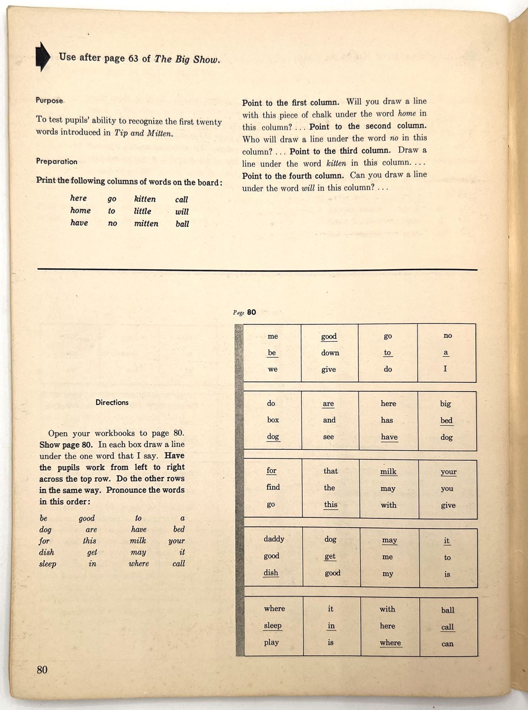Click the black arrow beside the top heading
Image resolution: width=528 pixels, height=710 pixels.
[x=43, y=57]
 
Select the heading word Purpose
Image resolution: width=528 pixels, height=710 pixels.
[x=49, y=100]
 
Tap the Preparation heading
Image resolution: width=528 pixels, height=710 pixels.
[x=56, y=162]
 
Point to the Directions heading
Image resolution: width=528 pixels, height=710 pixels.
[x=112, y=402]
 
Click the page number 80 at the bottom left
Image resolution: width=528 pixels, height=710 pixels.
[x=42, y=670]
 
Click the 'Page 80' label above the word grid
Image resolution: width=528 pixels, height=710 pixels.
[x=244, y=312]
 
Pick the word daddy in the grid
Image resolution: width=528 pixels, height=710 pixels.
[x=274, y=539]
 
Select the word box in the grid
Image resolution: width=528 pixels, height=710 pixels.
[x=273, y=420]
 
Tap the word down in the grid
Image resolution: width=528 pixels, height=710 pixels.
[x=330, y=353]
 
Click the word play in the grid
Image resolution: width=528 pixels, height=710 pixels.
[x=271, y=642]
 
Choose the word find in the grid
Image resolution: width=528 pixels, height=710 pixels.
[x=273, y=487]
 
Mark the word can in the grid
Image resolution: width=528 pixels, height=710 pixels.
[x=447, y=644]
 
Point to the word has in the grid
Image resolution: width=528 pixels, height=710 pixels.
[x=387, y=420]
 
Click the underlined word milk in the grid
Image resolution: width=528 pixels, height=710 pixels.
[x=388, y=471]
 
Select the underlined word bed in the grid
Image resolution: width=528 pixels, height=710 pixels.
[x=446, y=420]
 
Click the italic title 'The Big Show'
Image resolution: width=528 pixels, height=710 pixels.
[x=187, y=59]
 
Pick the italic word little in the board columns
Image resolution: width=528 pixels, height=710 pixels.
[x=142, y=211]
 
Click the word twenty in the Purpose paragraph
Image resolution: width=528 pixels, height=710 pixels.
[x=209, y=122]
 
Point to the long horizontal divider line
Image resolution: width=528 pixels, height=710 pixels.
[x=257, y=270]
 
